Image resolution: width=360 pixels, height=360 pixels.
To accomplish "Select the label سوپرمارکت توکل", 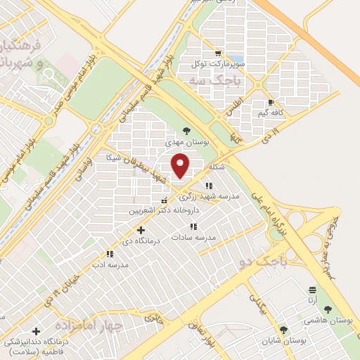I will (x=220, y=64).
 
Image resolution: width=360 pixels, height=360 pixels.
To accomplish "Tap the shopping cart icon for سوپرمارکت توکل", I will (x=218, y=53).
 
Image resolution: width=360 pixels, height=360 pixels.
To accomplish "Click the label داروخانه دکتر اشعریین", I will (x=164, y=210).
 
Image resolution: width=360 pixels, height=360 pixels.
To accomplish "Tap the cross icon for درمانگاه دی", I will (x=141, y=230).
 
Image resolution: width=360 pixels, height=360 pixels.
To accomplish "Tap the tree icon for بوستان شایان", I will (x=283, y=329).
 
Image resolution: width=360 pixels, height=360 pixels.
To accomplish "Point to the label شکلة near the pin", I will (x=215, y=167).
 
